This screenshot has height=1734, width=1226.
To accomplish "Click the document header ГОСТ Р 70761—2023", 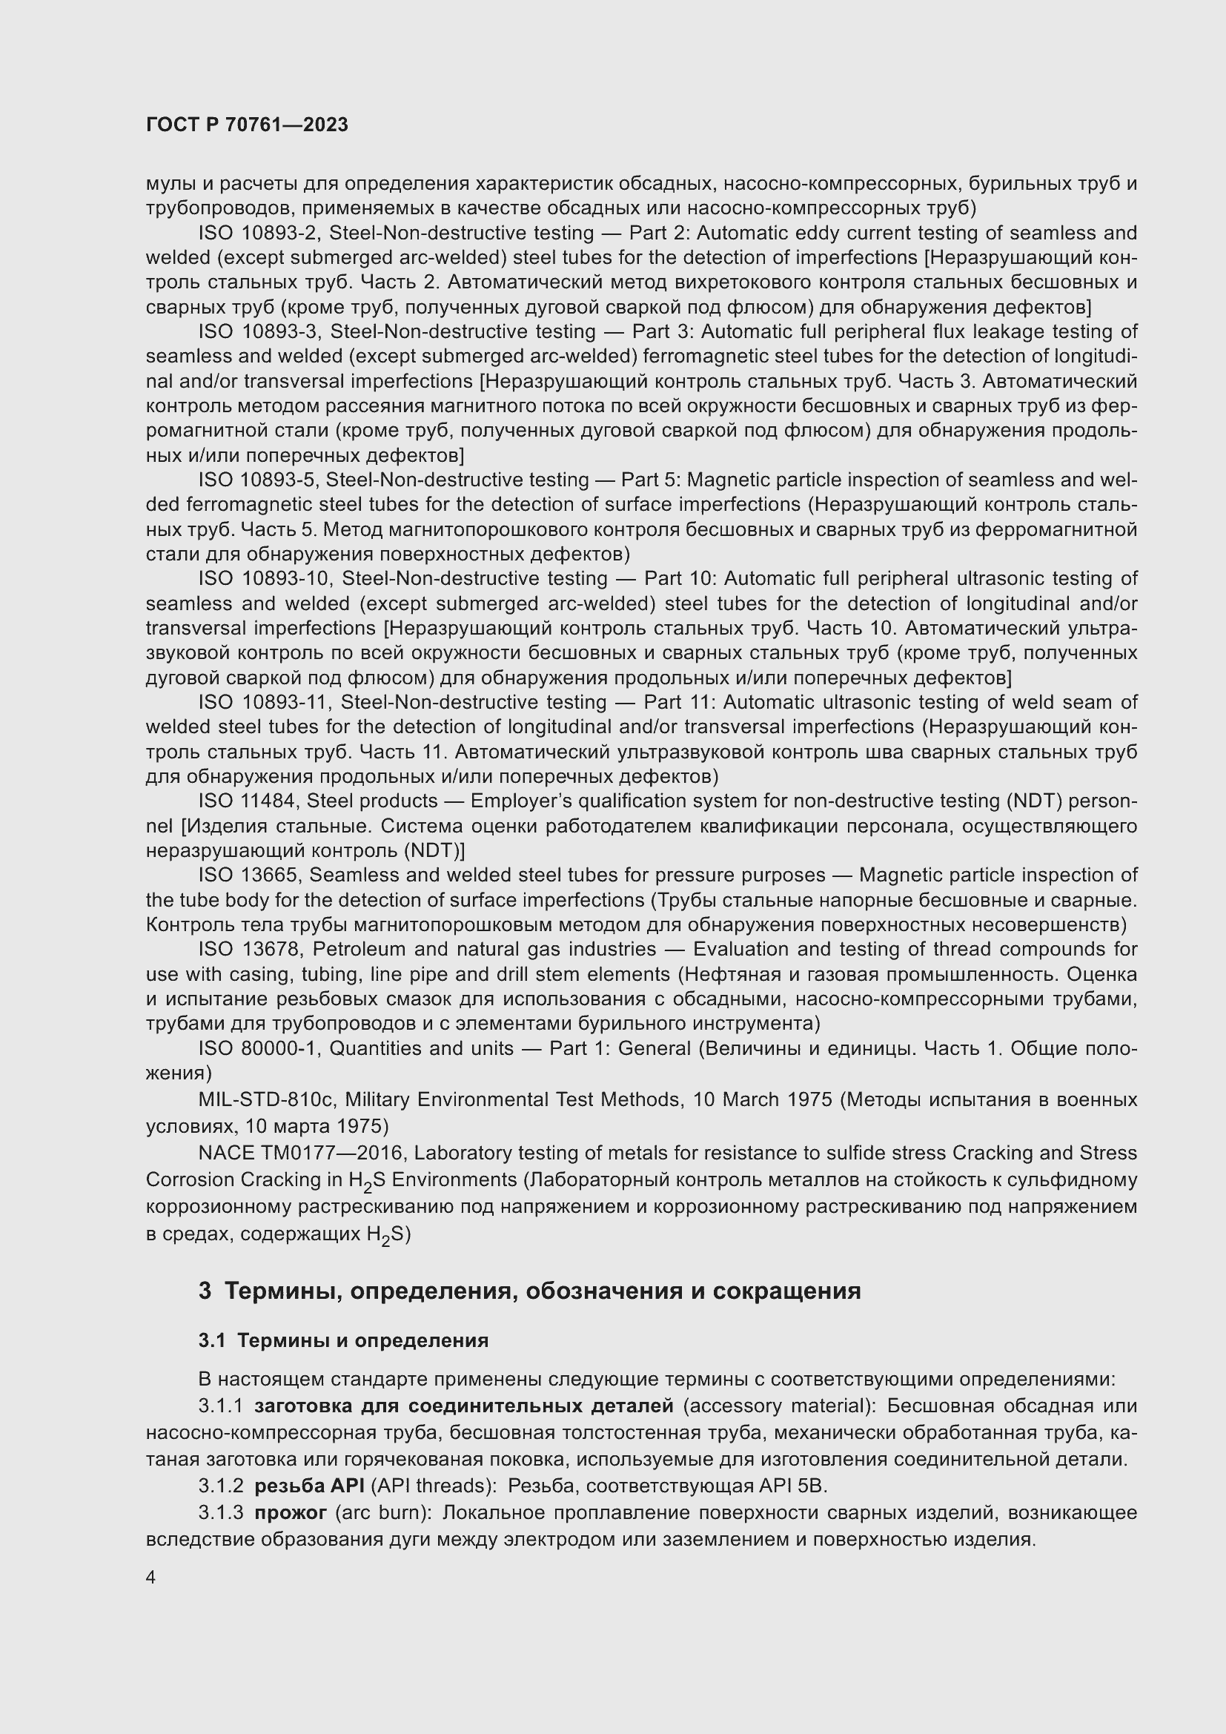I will tap(247, 125).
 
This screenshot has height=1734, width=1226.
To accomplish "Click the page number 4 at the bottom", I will tap(151, 1578).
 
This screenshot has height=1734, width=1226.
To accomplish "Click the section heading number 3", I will tap(205, 1291).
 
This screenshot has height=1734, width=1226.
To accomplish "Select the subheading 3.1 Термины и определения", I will tap(343, 1340).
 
